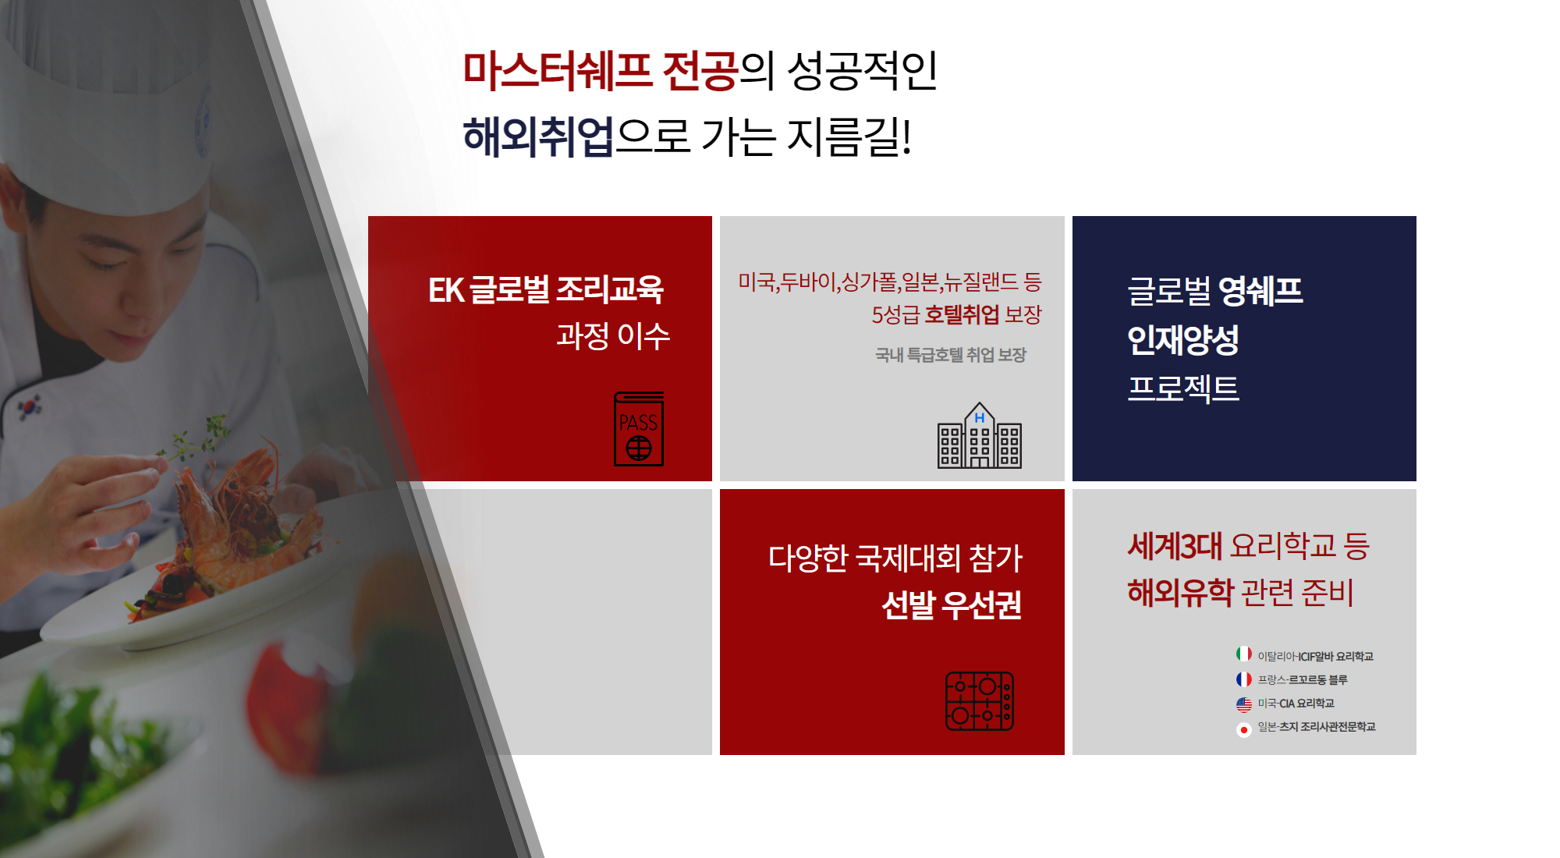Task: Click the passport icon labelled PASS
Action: click(x=639, y=429)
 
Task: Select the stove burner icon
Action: click(x=980, y=701)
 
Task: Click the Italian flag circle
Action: click(x=1244, y=654)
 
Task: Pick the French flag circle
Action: click(x=1244, y=679)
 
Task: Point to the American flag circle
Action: click(x=1244, y=704)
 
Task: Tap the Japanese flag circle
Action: click(x=1244, y=729)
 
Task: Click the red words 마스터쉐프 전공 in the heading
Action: click(x=600, y=70)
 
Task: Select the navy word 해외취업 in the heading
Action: click(x=538, y=136)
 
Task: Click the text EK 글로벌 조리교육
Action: click(x=546, y=289)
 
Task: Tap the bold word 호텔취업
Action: click(x=962, y=314)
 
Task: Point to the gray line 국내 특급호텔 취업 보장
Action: click(x=951, y=355)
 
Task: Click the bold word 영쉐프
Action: click(x=1260, y=291)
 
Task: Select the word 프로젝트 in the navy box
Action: click(x=1183, y=388)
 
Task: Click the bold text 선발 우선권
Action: click(x=952, y=604)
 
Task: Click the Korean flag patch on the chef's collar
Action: click(x=30, y=406)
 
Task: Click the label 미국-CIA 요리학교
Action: click(x=1296, y=704)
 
